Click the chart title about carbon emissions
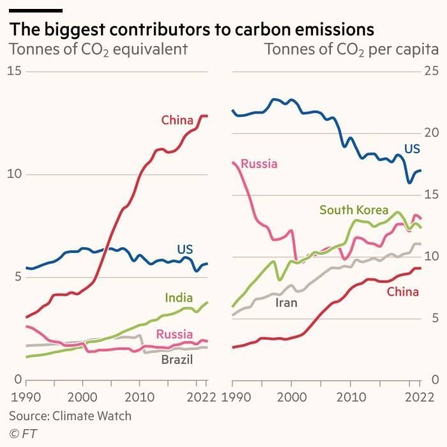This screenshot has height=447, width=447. (x=190, y=29)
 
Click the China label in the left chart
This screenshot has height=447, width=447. (x=177, y=120)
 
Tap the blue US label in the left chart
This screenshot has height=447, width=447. (x=185, y=249)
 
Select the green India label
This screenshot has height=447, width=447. (x=178, y=298)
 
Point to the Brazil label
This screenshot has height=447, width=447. (x=177, y=360)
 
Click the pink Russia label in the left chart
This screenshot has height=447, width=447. (x=174, y=333)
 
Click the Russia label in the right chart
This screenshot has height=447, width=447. (x=259, y=164)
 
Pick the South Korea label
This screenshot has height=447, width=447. (x=353, y=210)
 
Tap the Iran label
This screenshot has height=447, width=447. (x=286, y=303)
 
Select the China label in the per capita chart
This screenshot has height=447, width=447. (x=402, y=292)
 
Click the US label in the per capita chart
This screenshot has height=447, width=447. (x=412, y=149)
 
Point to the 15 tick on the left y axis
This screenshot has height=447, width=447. (x=14, y=71)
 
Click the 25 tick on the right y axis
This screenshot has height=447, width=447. (x=432, y=71)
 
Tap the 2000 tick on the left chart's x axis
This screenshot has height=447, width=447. (x=82, y=398)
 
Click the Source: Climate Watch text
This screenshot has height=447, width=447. (x=70, y=416)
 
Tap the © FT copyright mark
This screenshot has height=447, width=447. (x=21, y=434)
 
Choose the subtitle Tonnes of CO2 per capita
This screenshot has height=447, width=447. (x=351, y=50)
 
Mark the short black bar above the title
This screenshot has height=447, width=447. (x=35, y=10)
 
